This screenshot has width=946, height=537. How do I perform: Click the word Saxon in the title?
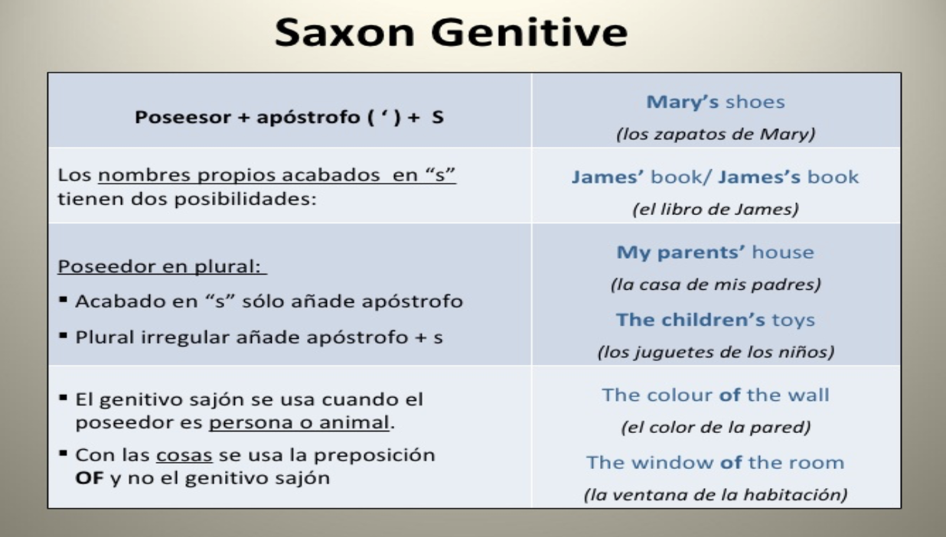(x=344, y=32)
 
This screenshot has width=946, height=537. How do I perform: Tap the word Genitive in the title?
(x=529, y=32)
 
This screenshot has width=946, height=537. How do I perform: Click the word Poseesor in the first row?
(x=182, y=117)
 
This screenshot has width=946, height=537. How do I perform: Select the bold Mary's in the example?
(x=682, y=102)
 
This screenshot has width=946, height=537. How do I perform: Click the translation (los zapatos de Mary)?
(x=716, y=135)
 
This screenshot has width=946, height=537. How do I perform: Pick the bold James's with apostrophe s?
(x=759, y=177)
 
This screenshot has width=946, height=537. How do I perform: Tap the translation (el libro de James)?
(x=716, y=210)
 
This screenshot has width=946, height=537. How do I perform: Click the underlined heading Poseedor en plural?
(x=162, y=266)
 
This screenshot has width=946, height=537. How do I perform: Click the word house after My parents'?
(x=783, y=252)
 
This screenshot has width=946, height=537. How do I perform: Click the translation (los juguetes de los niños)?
(x=716, y=352)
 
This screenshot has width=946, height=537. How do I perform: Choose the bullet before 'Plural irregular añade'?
(x=64, y=336)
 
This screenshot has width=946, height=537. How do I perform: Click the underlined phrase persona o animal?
(x=299, y=422)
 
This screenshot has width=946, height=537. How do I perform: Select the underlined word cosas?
(x=184, y=456)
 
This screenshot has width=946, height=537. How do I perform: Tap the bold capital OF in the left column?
(x=90, y=478)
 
